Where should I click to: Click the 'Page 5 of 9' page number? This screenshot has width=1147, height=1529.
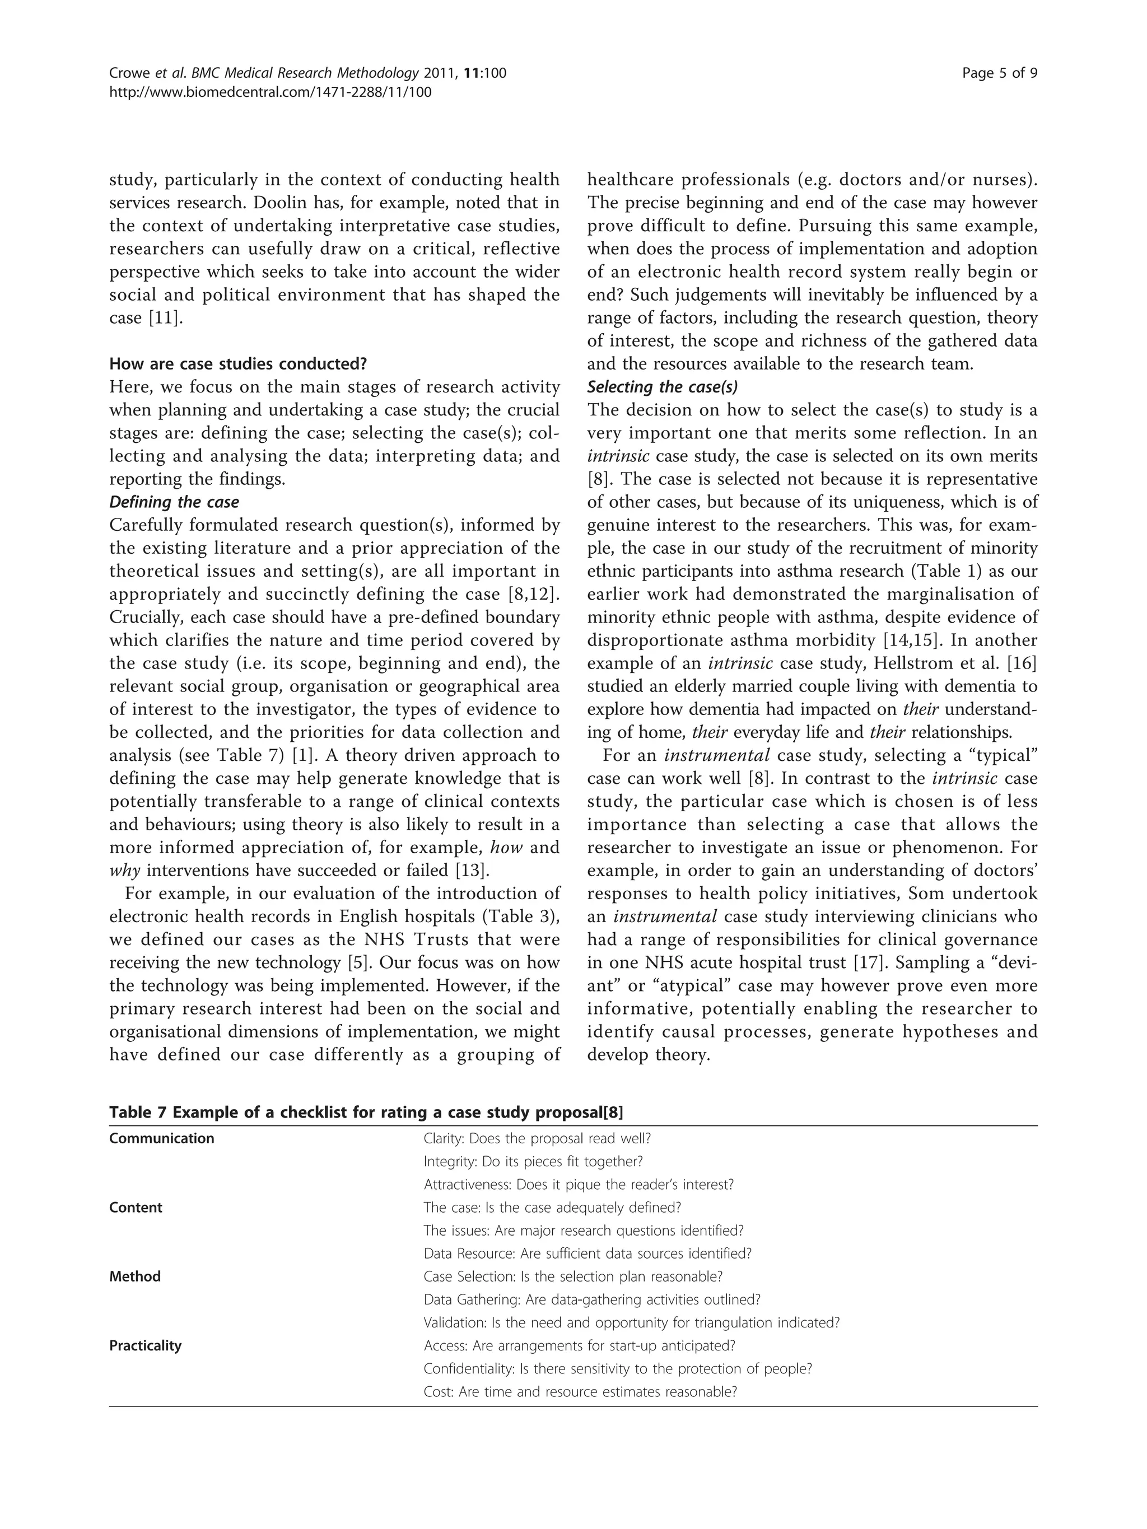coord(999,73)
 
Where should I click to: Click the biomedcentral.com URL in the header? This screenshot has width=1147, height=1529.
coord(271,92)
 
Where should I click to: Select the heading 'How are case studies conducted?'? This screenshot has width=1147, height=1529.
coord(238,363)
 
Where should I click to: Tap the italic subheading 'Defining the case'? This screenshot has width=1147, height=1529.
coord(174,502)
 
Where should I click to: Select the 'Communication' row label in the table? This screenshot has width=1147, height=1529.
coord(162,1138)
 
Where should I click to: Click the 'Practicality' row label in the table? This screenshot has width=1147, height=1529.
coord(145,1346)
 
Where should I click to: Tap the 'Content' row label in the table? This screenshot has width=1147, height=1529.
coord(136,1208)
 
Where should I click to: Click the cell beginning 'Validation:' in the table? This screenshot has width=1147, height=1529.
coord(631,1322)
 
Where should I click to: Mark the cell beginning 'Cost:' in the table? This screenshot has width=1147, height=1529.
coord(579,1391)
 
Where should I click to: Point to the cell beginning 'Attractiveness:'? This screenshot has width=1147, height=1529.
coord(578,1184)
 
